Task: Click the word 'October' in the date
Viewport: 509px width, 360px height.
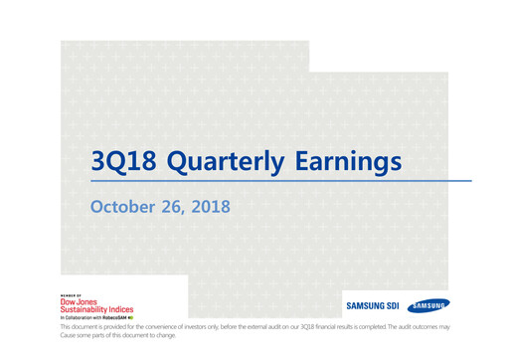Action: click(x=122, y=207)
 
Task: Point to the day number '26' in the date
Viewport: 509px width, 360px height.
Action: click(x=172, y=207)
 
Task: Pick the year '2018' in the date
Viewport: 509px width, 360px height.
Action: click(x=211, y=207)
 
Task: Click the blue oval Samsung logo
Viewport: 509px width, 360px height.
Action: click(x=428, y=305)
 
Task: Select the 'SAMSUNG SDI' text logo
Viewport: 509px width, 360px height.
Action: click(x=371, y=306)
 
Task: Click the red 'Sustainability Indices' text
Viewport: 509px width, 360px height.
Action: click(x=96, y=310)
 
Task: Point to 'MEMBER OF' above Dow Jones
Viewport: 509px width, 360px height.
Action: click(x=71, y=294)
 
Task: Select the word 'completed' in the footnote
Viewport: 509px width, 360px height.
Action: click(x=405, y=327)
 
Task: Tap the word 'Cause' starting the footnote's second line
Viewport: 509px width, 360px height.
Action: click(x=70, y=336)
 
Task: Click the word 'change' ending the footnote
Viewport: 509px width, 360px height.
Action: click(x=173, y=336)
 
